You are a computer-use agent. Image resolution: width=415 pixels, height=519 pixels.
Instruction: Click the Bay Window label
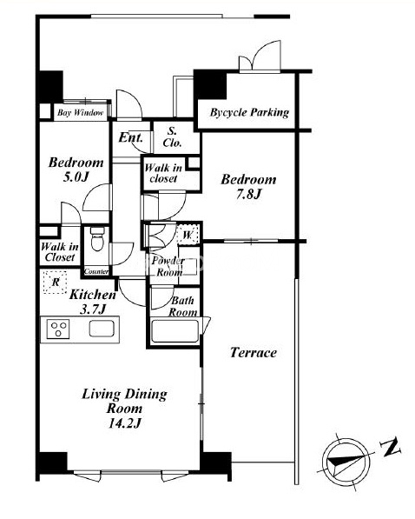[x=81, y=112]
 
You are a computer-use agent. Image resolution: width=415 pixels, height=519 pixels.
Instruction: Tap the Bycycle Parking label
[x=249, y=112]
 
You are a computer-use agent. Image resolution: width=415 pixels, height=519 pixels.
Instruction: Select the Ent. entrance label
[x=130, y=137]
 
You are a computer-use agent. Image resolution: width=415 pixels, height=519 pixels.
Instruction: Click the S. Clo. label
[x=172, y=136]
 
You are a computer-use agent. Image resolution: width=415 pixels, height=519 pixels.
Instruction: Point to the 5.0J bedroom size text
[x=76, y=177]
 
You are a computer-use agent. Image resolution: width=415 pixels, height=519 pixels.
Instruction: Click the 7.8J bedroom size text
[x=248, y=194]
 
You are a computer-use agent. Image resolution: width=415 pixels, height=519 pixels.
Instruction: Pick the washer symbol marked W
[x=188, y=235]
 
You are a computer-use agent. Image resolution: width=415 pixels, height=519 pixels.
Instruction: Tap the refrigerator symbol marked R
[x=56, y=282]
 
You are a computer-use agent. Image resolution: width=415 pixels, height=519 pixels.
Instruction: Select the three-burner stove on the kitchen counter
[x=58, y=329]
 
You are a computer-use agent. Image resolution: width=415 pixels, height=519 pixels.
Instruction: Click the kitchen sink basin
[x=102, y=329]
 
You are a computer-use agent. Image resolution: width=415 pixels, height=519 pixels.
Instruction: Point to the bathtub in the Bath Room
[x=175, y=330]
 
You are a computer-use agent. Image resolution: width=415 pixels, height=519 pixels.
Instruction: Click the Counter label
[x=96, y=272]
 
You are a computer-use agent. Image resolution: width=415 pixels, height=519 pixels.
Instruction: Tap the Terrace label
[x=254, y=352]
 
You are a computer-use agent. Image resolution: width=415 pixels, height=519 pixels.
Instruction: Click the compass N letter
[x=391, y=448]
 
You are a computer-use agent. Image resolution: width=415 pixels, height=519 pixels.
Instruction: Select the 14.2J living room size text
[x=125, y=423]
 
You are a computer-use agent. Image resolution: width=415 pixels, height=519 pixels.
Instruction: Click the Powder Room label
[x=168, y=266]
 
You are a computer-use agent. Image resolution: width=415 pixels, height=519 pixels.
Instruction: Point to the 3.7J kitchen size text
[x=93, y=309]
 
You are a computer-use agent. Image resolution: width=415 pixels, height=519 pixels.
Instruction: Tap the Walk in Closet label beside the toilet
[x=60, y=252]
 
